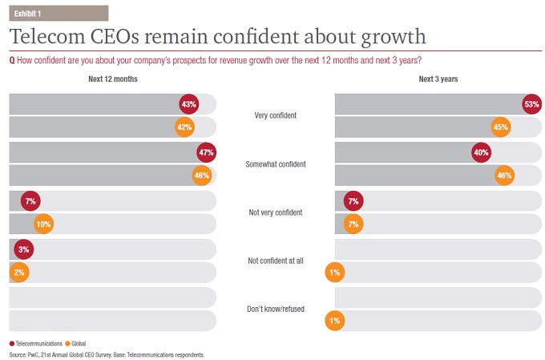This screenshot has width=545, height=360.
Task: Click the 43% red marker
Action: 189,104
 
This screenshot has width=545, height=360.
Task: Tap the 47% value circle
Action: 206,152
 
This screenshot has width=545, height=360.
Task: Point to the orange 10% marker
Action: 42,224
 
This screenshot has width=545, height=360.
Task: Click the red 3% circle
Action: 23,249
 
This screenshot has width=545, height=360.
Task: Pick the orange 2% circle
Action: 18,273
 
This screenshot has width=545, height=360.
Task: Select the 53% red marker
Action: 531,104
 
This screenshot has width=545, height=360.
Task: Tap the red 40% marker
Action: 481,152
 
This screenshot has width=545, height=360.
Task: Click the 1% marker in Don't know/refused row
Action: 335,321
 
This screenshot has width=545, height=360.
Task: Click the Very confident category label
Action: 275,115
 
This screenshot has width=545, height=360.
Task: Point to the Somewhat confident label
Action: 275,164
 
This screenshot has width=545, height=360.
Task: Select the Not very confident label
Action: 275,212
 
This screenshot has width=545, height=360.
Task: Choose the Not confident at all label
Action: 275,261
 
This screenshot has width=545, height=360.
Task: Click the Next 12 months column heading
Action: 112,79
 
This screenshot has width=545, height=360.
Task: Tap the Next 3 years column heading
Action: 438,79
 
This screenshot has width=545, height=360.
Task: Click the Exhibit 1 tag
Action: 30,13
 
